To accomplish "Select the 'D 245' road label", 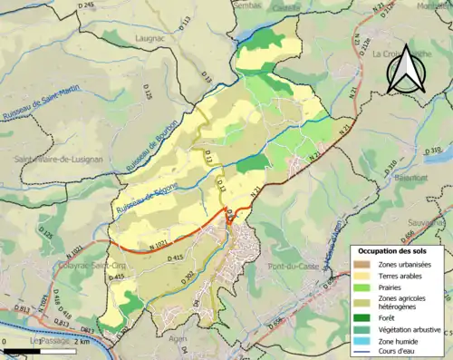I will tap(86, 5).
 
